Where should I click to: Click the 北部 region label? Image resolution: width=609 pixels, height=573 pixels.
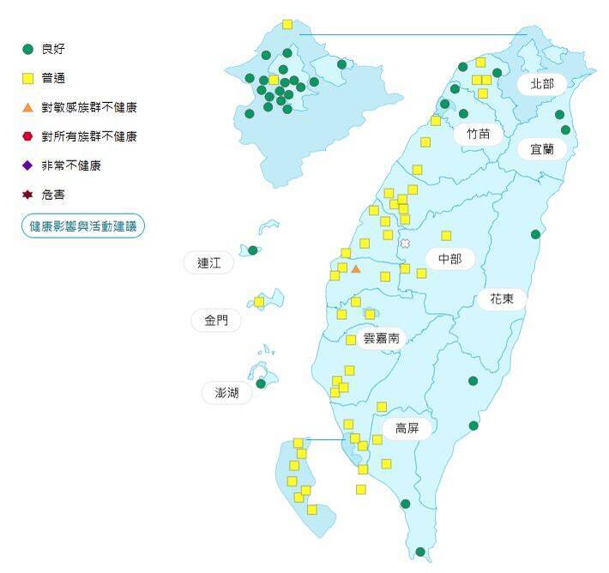542,84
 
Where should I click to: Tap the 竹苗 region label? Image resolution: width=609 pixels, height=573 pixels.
479,134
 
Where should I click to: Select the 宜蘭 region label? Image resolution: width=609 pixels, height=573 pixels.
542,148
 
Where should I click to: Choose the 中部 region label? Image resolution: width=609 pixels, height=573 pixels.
449,258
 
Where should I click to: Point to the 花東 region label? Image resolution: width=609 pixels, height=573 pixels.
502,299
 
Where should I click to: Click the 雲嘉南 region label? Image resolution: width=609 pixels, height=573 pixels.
381,338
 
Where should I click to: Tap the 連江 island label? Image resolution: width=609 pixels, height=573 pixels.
209,263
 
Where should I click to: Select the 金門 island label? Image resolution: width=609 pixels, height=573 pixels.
216,321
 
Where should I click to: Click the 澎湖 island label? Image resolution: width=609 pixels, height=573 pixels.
227,394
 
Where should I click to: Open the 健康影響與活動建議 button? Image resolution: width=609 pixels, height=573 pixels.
83,226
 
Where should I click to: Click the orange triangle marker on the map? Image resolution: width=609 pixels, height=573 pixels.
356,269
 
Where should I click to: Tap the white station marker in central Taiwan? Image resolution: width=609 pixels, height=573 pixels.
405,244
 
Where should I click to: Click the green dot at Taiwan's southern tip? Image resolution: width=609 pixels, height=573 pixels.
420,552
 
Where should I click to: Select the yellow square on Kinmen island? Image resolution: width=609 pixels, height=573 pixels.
259,302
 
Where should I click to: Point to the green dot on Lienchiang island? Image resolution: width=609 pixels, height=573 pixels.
252,250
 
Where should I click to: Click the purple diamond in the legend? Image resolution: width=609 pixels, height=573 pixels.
27,166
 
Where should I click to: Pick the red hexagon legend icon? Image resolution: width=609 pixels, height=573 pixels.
27,136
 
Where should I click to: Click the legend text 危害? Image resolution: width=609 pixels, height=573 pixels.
53,196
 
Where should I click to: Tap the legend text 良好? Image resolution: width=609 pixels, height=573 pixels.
53,49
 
